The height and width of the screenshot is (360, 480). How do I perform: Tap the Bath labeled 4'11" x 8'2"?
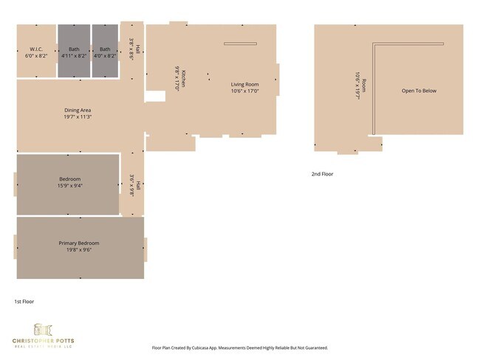coord(74,49)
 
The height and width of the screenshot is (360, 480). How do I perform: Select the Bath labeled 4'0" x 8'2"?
coord(105,49)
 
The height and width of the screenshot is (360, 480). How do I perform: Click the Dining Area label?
coord(77,110)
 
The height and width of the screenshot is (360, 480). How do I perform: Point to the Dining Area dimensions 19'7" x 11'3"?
coord(77,117)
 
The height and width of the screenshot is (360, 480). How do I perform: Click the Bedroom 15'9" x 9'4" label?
coord(69,179)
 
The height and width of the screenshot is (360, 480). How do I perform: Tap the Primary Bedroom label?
coord(79,243)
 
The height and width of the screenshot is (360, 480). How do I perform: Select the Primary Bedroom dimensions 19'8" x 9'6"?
coord(79,249)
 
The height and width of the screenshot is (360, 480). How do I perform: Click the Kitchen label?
coord(182,78)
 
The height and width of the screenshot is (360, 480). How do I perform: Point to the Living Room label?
coord(244,85)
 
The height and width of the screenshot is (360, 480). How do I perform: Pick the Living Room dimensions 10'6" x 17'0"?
coord(244,91)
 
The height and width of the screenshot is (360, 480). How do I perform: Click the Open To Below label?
coord(419,91)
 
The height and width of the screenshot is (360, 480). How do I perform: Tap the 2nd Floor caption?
coord(322,174)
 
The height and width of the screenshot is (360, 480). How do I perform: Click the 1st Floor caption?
coord(24,301)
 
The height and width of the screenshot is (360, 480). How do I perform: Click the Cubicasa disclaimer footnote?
coord(239,347)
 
